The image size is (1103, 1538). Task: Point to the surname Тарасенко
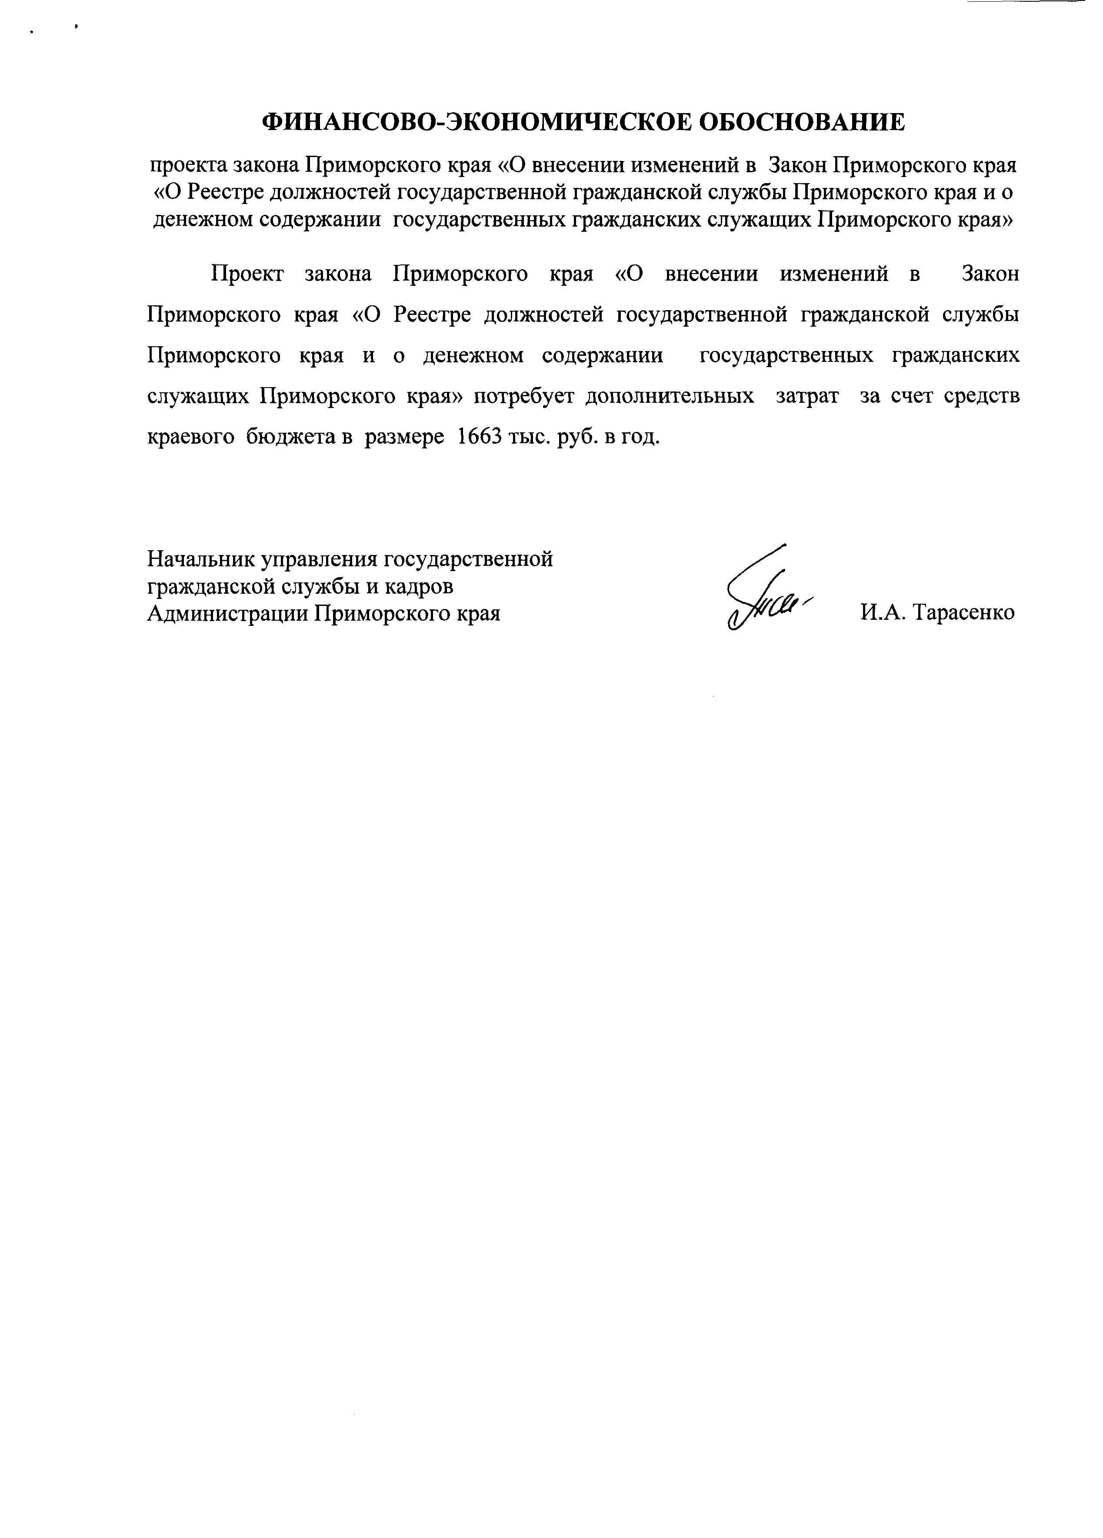(x=964, y=612)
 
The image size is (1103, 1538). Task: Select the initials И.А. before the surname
(x=883, y=612)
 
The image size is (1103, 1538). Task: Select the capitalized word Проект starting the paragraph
(x=247, y=274)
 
